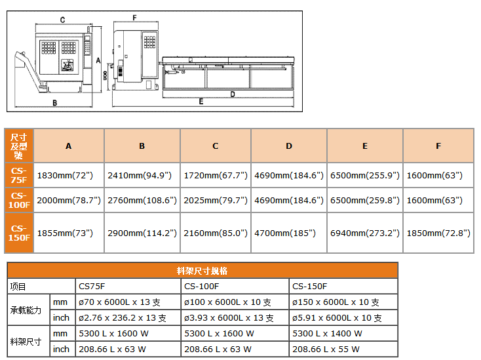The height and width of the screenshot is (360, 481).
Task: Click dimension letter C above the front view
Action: pyautogui.click(x=62, y=20)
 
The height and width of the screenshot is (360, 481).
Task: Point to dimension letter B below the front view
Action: pyautogui.click(x=55, y=102)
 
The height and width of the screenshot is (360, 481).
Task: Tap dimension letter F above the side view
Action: pyautogui.click(x=134, y=17)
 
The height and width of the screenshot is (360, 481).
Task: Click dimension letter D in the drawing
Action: pyautogui.click(x=233, y=94)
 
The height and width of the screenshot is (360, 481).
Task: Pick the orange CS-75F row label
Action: pyautogui.click(x=18, y=174)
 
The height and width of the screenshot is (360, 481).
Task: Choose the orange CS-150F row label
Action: pyautogui.click(x=18, y=233)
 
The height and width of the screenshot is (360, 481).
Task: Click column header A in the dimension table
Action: pyautogui.click(x=69, y=146)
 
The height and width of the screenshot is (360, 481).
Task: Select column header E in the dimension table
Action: pyautogui.click(x=365, y=146)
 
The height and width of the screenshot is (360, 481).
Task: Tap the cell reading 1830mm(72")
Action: pyautogui.click(x=65, y=175)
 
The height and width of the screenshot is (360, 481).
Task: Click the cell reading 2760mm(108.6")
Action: pyautogui.click(x=142, y=200)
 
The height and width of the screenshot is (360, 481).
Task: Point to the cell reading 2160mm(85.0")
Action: pyautogui.click(x=216, y=233)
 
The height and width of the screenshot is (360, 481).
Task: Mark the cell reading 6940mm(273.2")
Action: pyautogui.click(x=365, y=233)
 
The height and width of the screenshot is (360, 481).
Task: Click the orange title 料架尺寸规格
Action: pyautogui.click(x=202, y=271)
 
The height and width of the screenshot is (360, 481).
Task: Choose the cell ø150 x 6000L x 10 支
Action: pyautogui.click(x=336, y=302)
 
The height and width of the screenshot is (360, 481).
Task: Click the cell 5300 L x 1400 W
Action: pyautogui.click(x=327, y=334)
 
